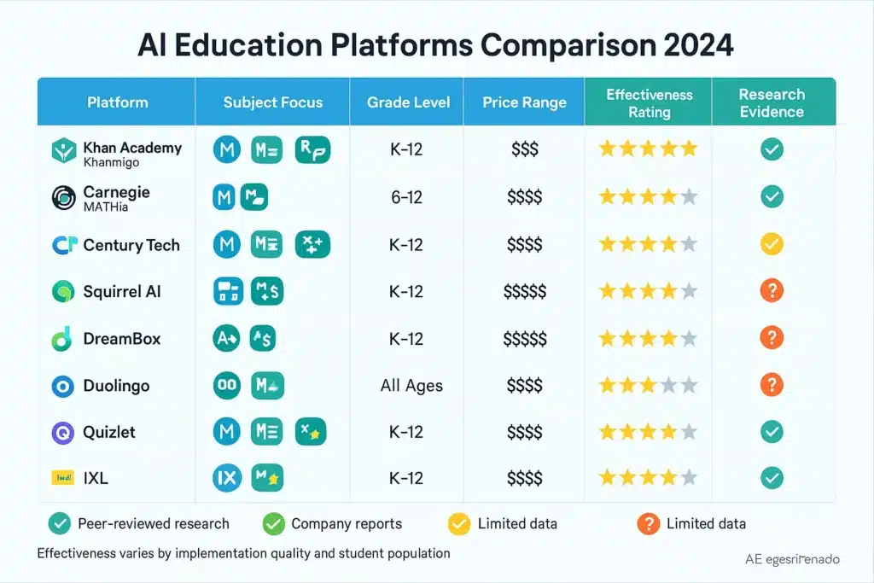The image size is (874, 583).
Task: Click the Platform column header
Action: (x=117, y=102)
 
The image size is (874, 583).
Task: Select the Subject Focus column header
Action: (x=272, y=102)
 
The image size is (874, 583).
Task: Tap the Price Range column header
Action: (x=524, y=102)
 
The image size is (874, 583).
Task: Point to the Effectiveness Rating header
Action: (x=649, y=102)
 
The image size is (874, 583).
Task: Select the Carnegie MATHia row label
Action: (x=116, y=198)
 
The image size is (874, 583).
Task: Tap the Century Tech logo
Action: (x=64, y=245)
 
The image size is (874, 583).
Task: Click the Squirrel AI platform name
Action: (x=122, y=292)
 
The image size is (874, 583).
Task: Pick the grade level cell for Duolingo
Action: (x=411, y=386)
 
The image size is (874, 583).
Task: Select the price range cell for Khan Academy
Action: (x=524, y=150)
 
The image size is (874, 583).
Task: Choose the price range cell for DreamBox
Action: (x=524, y=339)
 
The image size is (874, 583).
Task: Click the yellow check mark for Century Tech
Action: (x=772, y=245)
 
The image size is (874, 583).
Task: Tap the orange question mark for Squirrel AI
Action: (x=772, y=292)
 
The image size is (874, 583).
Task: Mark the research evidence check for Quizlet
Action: (x=772, y=432)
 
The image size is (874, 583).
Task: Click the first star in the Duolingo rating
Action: (x=608, y=386)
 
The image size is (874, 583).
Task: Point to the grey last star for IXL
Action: (x=689, y=477)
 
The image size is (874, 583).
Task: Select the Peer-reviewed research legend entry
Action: (x=141, y=523)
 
